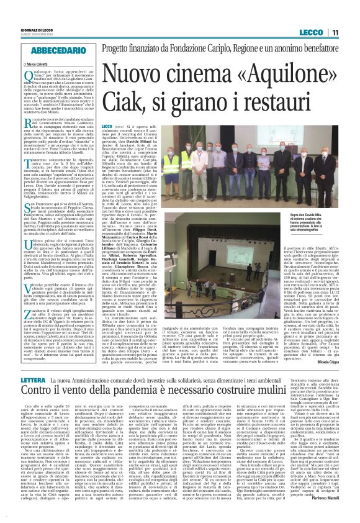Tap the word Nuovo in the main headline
pos(133,69)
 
